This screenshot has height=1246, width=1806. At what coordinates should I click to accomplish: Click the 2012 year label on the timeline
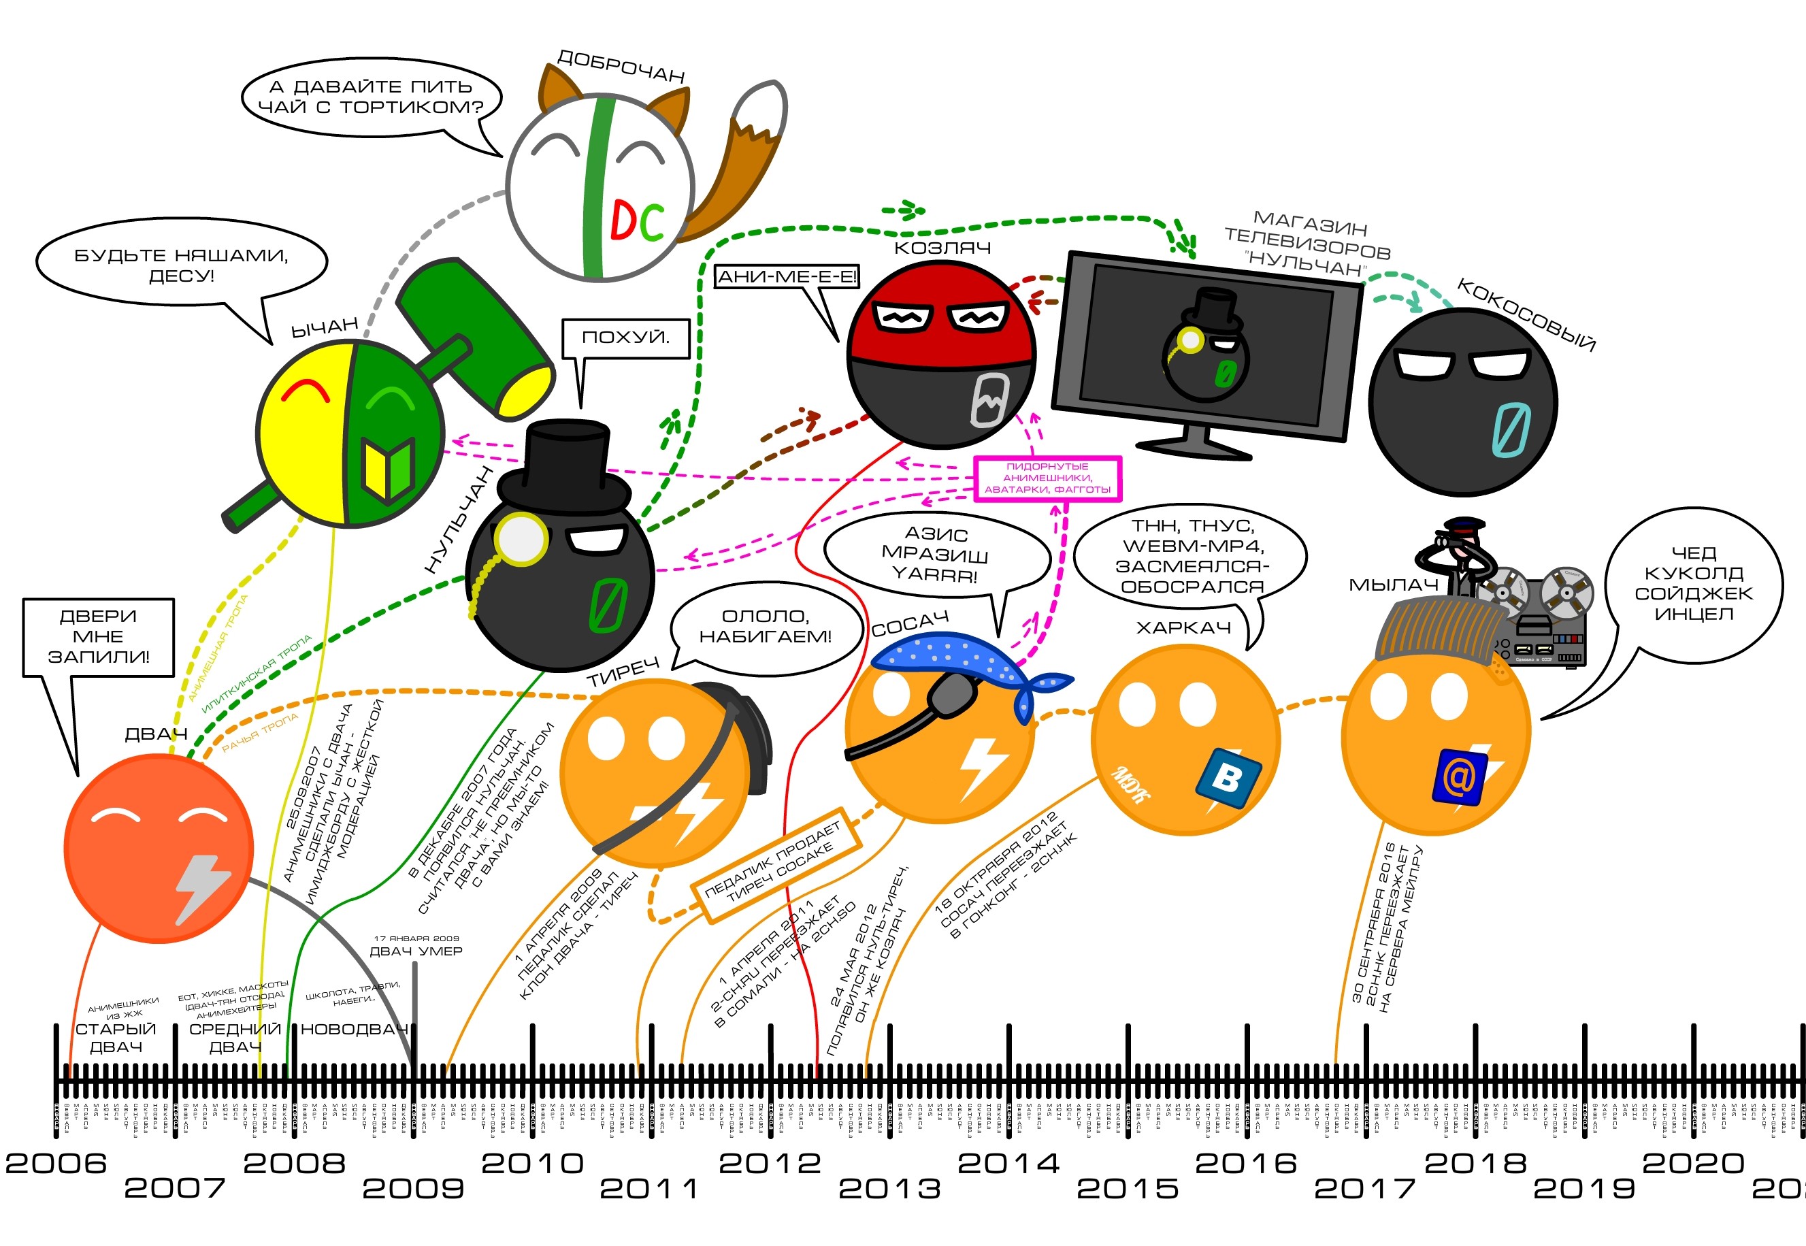(770, 1162)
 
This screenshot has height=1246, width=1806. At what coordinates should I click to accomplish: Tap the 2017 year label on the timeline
(1364, 1188)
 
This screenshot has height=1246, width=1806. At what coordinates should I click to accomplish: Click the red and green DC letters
(637, 221)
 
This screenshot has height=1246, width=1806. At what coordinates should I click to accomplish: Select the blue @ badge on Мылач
(1457, 778)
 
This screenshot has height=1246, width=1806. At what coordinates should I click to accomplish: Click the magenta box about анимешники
(1047, 478)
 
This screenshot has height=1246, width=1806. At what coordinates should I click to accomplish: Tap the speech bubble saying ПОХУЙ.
(625, 338)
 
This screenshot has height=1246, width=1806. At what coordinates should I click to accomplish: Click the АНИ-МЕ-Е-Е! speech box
(786, 276)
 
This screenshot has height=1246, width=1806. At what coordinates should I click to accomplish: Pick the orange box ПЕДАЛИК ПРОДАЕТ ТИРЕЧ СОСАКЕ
(776, 866)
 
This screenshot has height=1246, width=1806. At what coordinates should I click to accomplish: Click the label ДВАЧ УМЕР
(415, 951)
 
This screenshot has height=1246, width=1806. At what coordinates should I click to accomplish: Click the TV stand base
(1194, 446)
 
